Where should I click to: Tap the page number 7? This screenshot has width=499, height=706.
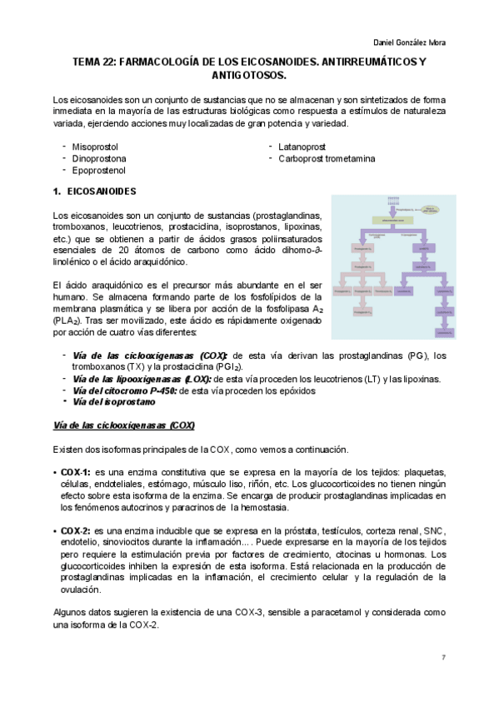tap(444, 659)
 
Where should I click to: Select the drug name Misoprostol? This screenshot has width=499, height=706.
tap(97, 147)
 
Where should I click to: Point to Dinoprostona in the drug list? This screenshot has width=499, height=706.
tap(100, 158)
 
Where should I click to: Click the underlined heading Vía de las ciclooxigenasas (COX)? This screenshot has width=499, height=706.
tap(123, 425)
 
